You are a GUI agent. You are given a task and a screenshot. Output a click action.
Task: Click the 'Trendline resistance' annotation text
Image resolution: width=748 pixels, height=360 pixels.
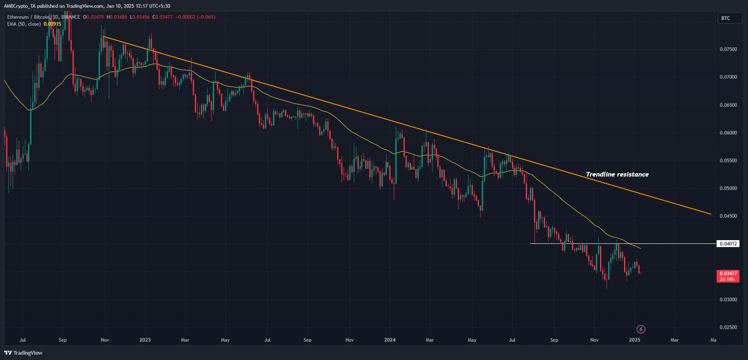pyautogui.click(x=617, y=174)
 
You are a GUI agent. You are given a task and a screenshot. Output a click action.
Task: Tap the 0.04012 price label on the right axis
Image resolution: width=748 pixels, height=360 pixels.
pyautogui.click(x=728, y=244)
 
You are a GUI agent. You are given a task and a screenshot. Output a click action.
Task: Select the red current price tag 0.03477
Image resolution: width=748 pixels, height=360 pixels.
pyautogui.click(x=728, y=274)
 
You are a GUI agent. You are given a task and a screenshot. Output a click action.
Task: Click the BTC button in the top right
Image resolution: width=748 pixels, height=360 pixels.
pyautogui.click(x=729, y=18)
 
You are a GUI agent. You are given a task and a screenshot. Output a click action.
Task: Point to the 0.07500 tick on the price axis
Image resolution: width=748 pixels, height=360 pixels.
pyautogui.click(x=728, y=49)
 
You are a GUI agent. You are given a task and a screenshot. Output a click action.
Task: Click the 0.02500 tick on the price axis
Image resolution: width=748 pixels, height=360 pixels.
pyautogui.click(x=728, y=327)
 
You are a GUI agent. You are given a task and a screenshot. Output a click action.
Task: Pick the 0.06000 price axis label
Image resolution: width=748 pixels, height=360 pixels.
pyautogui.click(x=728, y=133)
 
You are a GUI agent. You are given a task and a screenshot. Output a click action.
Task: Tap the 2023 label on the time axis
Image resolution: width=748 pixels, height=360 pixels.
pyautogui.click(x=145, y=340)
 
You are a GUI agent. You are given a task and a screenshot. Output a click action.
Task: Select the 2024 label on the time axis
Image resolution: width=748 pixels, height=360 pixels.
pyautogui.click(x=390, y=340)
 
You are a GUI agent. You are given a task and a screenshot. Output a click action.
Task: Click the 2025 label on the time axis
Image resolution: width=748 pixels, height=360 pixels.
pyautogui.click(x=634, y=340)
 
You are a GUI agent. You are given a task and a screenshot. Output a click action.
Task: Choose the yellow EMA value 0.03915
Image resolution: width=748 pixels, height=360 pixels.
pyautogui.click(x=52, y=24)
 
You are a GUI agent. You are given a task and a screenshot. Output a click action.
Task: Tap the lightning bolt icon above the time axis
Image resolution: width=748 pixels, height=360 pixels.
pyautogui.click(x=641, y=329)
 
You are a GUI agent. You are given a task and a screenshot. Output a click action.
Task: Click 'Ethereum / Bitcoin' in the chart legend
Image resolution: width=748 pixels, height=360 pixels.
pyautogui.click(x=28, y=17)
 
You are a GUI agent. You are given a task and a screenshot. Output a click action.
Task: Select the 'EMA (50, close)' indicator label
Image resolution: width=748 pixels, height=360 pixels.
pyautogui.click(x=24, y=24)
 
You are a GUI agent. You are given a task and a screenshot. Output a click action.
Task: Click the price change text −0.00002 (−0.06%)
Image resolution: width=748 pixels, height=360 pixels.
pyautogui.click(x=195, y=17)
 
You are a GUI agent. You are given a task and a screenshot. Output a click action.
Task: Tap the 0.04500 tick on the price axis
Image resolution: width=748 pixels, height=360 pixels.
pyautogui.click(x=728, y=216)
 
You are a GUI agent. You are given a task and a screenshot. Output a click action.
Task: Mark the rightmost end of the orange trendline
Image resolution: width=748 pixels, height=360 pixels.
pyautogui.click(x=711, y=214)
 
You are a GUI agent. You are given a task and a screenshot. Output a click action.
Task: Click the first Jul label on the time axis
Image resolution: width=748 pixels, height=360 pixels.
pyautogui.click(x=23, y=340)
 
